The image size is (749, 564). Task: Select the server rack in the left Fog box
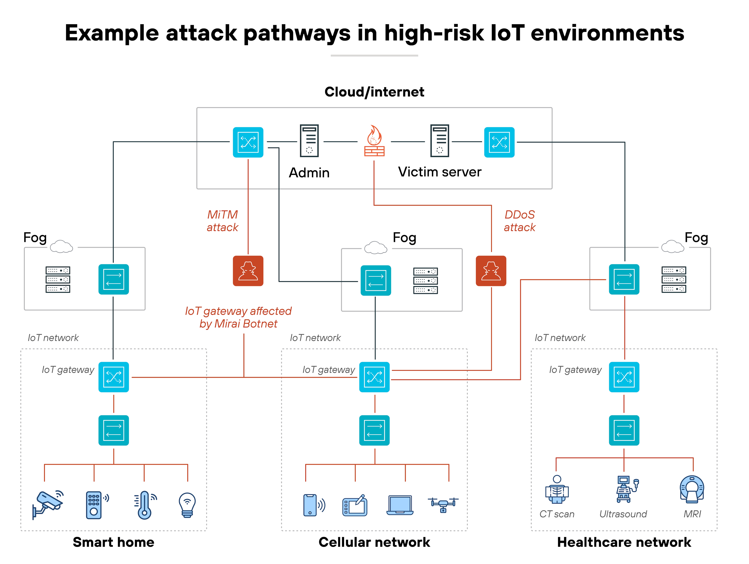coord(58,280)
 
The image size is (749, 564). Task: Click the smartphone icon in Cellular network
coord(310,505)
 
